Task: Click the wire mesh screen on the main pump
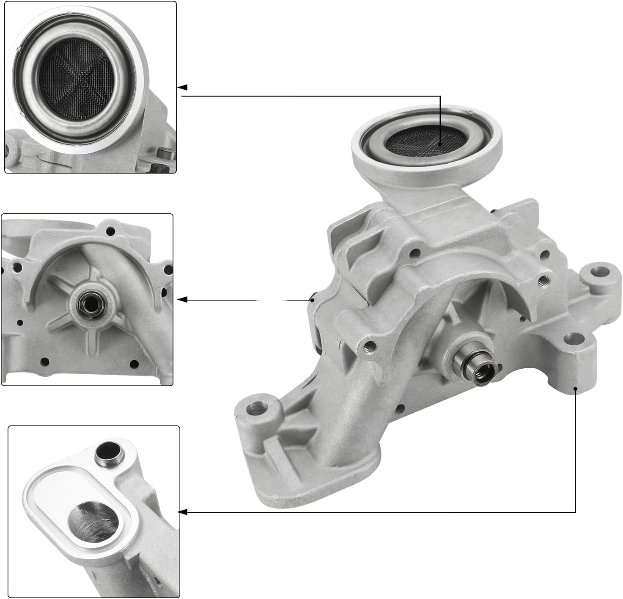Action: (x=421, y=140)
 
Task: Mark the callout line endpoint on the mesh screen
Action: (x=440, y=144)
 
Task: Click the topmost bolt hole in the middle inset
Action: (x=110, y=231)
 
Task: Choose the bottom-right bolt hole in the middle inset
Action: (x=134, y=364)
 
